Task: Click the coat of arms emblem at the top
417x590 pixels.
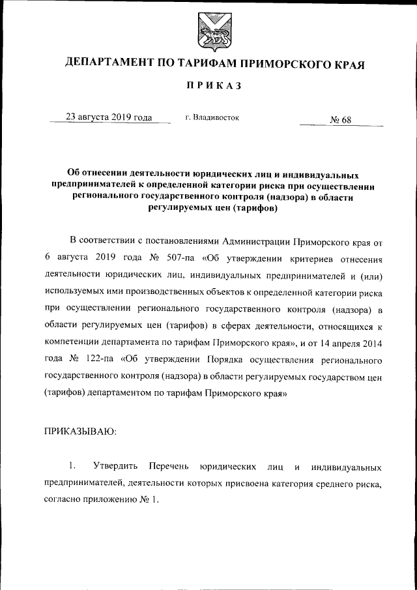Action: (x=208, y=33)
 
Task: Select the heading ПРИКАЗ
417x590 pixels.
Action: (x=208, y=87)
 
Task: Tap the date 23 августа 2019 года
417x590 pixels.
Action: (x=109, y=117)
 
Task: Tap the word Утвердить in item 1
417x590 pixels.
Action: (x=115, y=467)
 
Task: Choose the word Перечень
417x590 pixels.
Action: (x=168, y=467)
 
